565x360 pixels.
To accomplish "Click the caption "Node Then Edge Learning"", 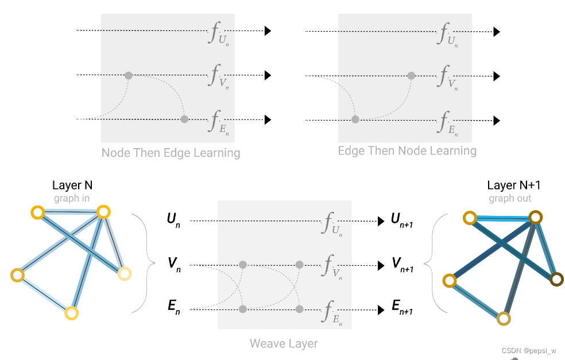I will (x=171, y=153).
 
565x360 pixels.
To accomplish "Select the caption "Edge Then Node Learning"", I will (x=407, y=150).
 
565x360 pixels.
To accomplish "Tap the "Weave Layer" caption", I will (x=284, y=343).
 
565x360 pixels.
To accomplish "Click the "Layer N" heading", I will (x=72, y=185).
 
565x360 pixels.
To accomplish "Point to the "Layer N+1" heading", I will (x=513, y=185).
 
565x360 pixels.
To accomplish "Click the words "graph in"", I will (x=72, y=198).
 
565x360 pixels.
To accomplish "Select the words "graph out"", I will (x=510, y=198).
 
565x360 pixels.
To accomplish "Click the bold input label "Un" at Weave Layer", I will (x=173, y=219).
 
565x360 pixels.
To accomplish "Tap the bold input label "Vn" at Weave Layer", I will (x=172, y=264).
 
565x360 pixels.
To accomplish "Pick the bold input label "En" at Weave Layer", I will (x=173, y=308).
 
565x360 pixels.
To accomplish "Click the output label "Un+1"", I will (x=402, y=219).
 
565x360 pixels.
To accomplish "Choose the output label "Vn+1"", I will (x=402, y=264).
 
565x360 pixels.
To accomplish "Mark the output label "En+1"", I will (x=402, y=308).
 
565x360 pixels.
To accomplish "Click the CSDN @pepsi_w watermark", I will (x=528, y=350).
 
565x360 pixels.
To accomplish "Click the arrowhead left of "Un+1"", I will (x=380, y=221).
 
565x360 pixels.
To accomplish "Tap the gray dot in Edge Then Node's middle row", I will (x=411, y=75).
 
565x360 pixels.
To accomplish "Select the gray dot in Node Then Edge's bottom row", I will (x=184, y=119).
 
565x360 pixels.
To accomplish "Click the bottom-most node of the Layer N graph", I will (x=71, y=313).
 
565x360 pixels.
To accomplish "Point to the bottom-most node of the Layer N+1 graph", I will (x=504, y=319).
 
